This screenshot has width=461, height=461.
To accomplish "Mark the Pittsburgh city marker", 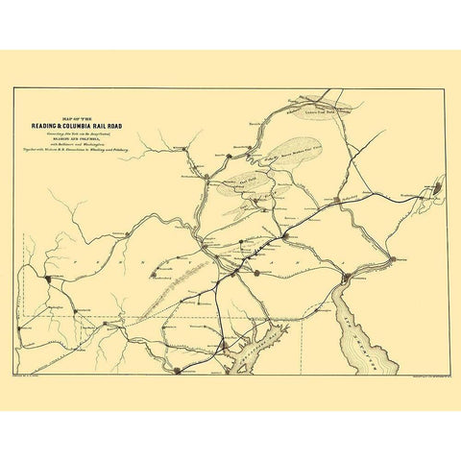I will [x=47, y=279].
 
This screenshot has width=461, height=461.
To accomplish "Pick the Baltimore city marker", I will [x=223, y=342].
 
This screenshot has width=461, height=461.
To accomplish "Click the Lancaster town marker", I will [x=256, y=273].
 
